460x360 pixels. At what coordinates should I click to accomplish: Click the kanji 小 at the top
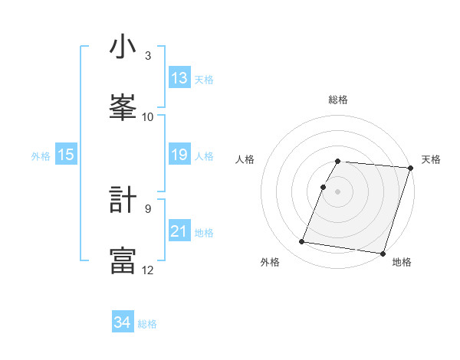123,47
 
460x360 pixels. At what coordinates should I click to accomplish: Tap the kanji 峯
123,107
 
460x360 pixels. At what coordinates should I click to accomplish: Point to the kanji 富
123,260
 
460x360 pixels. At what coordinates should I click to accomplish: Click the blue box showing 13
179,78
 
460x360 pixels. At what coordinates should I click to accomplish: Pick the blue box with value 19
179,155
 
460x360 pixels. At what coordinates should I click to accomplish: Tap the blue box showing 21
179,231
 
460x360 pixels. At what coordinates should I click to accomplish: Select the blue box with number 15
66,155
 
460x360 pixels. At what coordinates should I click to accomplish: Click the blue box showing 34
122,322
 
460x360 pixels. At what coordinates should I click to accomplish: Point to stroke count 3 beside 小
148,56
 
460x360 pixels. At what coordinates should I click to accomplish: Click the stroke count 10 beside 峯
148,116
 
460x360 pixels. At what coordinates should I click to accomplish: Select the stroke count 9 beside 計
148,208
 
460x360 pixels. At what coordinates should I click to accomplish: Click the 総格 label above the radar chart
338,100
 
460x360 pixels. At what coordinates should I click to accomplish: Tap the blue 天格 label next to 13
204,79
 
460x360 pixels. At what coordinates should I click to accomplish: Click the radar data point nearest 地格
383,253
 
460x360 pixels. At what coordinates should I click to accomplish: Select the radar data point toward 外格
301,242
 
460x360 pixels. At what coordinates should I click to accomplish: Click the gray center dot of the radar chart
338,191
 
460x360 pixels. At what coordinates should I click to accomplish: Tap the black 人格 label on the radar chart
245,159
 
